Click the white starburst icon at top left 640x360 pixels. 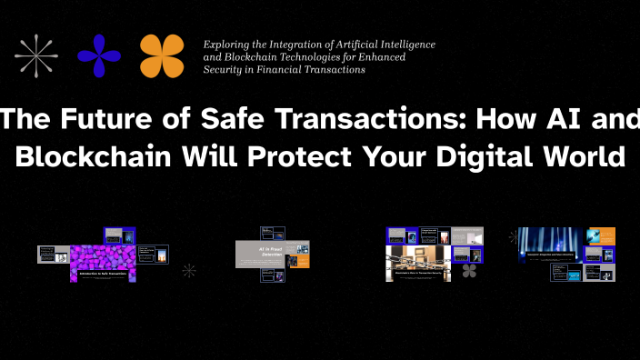point(37,55)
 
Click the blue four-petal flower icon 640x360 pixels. point(99,55)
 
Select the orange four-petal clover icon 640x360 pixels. point(163,55)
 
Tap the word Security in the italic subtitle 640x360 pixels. point(224,69)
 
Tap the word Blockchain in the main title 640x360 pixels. point(98,155)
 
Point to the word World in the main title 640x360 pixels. point(584,155)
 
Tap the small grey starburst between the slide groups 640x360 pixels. point(189,270)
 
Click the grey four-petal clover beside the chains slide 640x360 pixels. point(469,271)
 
